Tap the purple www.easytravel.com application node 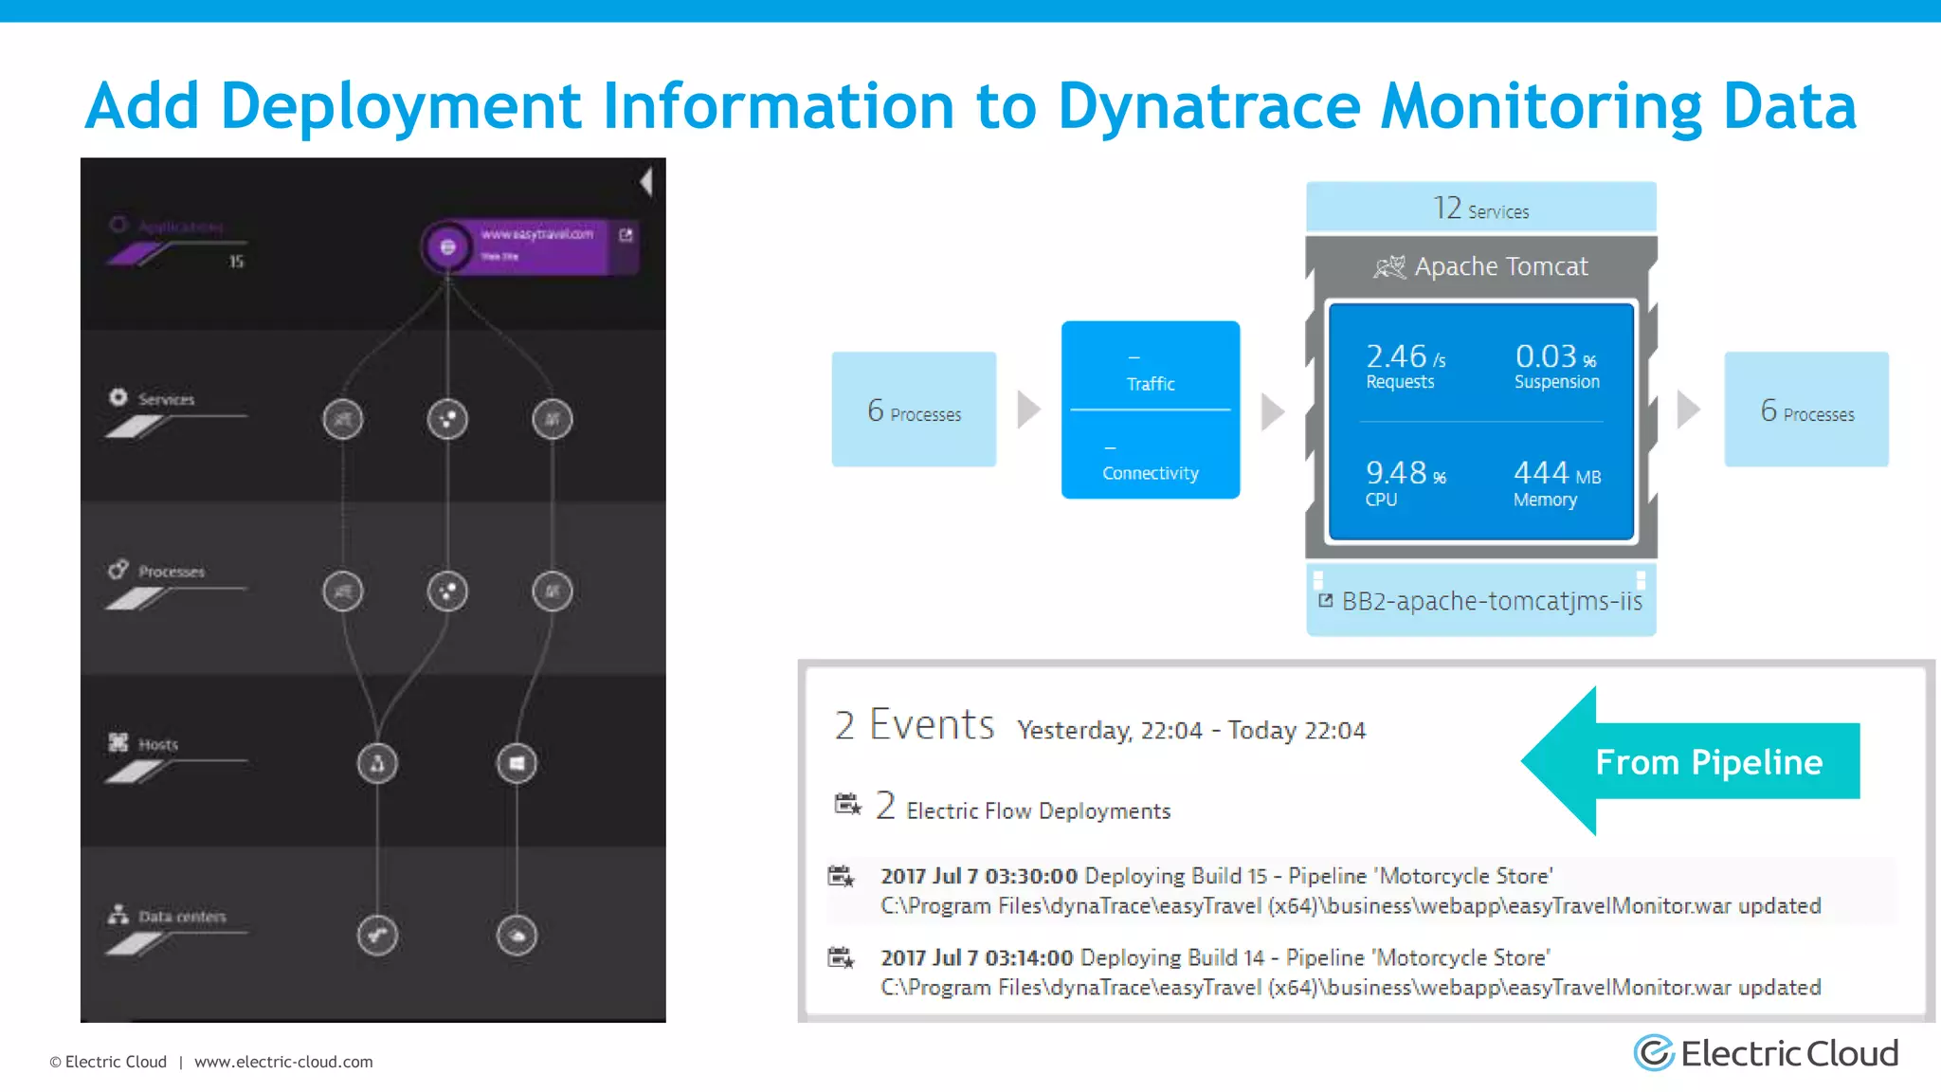pyautogui.click(x=531, y=246)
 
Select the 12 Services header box pyautogui.click(x=1480, y=208)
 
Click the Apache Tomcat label pyautogui.click(x=1500, y=266)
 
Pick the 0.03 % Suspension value pyautogui.click(x=1556, y=366)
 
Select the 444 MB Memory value pyautogui.click(x=1556, y=482)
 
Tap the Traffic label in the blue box pyautogui.click(x=1150, y=383)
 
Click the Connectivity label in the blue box pyautogui.click(x=1150, y=472)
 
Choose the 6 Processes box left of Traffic pyautogui.click(x=914, y=409)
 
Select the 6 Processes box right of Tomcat pyautogui.click(x=1806, y=409)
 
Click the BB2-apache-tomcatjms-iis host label pyautogui.click(x=1491, y=601)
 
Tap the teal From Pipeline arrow pyautogui.click(x=1696, y=761)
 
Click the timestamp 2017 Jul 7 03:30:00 pyautogui.click(x=978, y=876)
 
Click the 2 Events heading pyautogui.click(x=914, y=725)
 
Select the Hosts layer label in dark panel pyautogui.click(x=157, y=744)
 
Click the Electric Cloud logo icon pyautogui.click(x=1654, y=1053)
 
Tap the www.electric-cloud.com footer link pyautogui.click(x=283, y=1062)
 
